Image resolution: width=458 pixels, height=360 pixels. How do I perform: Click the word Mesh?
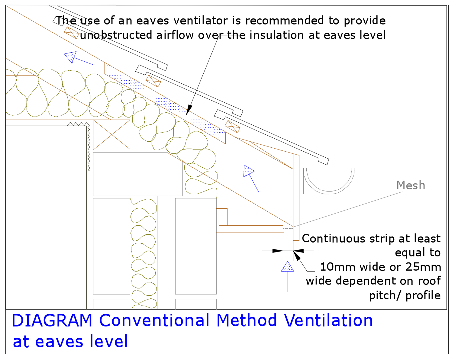pyautogui.click(x=411, y=185)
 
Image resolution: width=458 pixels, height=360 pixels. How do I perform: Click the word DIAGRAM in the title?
pyautogui.click(x=52, y=320)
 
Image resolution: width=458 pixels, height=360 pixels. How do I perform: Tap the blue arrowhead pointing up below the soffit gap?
pyautogui.click(x=287, y=267)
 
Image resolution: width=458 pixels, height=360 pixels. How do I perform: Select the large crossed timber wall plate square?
pyautogui.click(x=111, y=135)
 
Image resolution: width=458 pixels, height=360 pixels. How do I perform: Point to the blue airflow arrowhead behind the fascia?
pyautogui.click(x=248, y=171)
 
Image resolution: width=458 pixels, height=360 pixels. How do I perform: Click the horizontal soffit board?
pyautogui.click(x=251, y=229)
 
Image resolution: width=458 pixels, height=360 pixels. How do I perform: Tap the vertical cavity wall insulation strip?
pyautogui.click(x=144, y=252)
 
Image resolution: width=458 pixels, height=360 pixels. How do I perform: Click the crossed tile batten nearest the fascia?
pyautogui.click(x=232, y=127)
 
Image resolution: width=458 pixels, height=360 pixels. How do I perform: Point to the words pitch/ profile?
pyautogui.click(x=405, y=295)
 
